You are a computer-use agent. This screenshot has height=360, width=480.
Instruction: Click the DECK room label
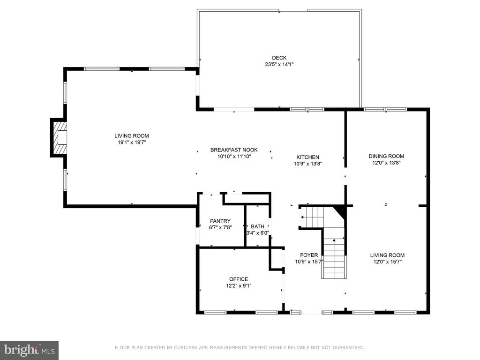[279, 58]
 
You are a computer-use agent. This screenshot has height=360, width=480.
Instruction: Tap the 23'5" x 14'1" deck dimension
[279, 65]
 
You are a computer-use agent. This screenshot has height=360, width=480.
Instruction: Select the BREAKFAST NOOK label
[234, 150]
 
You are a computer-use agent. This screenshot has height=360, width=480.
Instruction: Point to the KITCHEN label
[307, 157]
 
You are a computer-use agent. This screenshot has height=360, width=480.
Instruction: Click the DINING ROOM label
[386, 156]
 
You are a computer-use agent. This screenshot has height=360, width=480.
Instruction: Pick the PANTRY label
[220, 221]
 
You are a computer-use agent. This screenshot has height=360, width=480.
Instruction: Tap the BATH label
[257, 226]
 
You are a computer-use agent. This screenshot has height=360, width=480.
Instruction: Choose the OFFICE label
[239, 279]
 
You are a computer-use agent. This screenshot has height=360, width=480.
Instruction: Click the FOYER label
[309, 255]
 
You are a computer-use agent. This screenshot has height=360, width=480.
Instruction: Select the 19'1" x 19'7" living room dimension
[132, 142]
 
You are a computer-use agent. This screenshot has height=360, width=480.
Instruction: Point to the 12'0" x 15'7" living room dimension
[387, 262]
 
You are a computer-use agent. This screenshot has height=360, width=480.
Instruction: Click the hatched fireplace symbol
[60, 137]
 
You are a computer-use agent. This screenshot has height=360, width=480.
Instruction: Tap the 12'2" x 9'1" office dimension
[239, 286]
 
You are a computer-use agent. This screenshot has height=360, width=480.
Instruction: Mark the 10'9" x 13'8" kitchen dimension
[307, 164]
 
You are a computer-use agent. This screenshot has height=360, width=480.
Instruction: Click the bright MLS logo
[30, 350]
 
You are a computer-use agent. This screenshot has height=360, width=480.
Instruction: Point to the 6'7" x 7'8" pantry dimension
[220, 228]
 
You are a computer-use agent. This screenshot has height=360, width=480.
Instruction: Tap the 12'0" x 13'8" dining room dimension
[386, 163]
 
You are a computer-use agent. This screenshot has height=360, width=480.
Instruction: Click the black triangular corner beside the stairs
[341, 211]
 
